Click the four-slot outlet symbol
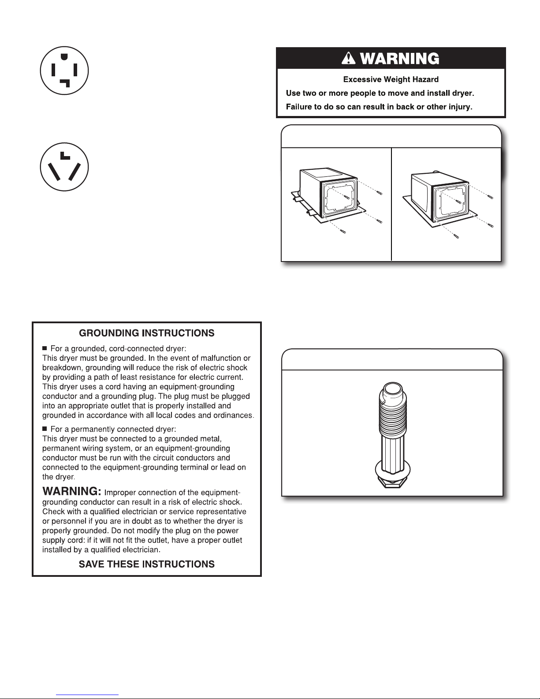[64, 71]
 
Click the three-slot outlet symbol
[64, 167]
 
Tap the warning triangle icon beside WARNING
[348, 59]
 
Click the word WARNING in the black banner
[399, 59]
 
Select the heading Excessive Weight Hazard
[391, 79]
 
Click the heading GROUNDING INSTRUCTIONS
[146, 333]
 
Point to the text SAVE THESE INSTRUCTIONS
[146, 564]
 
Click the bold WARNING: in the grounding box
[72, 491]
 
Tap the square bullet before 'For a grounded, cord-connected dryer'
[45, 348]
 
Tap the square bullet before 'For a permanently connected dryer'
[45, 429]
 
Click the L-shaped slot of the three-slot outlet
[65, 156]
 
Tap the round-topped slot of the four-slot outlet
[64, 56]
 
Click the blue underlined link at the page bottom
[87, 695]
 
